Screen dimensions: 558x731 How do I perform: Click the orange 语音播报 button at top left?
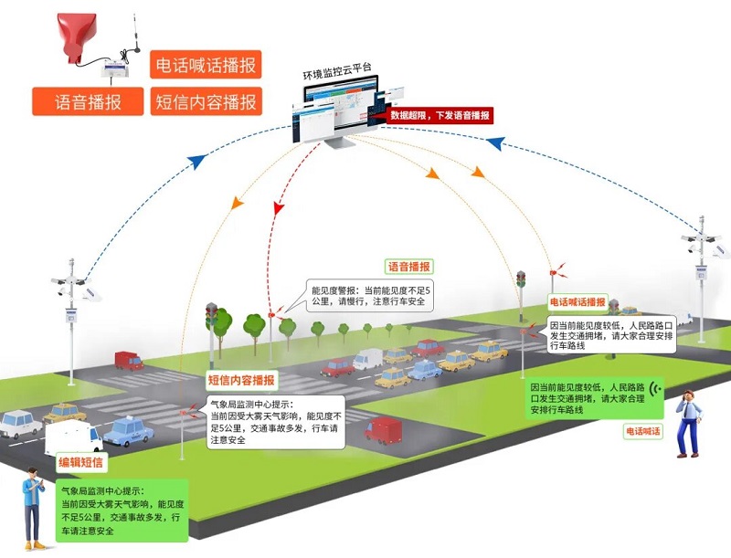point(89,100)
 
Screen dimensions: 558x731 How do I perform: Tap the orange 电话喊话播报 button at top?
point(206,66)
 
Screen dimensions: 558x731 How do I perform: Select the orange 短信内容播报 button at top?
point(206,100)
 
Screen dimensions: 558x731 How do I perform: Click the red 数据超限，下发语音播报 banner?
point(439,115)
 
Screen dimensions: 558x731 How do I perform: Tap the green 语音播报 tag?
point(409,267)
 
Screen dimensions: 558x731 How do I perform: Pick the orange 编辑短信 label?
point(81,462)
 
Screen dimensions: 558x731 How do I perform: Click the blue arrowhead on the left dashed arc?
point(195,161)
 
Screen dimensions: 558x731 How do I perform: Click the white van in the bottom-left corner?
point(73,437)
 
